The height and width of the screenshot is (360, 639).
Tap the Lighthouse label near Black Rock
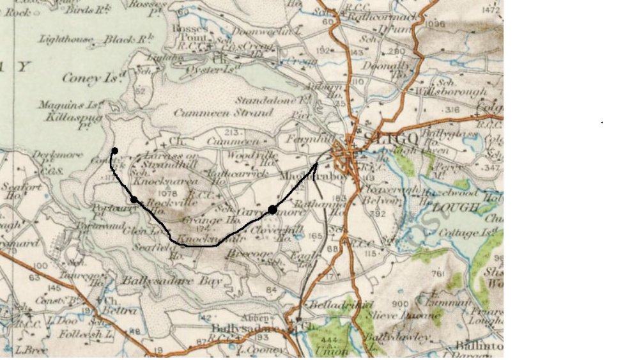65,40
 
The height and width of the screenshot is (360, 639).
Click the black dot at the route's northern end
114,151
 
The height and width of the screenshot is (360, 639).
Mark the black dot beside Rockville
134,200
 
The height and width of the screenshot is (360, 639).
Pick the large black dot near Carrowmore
272,209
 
